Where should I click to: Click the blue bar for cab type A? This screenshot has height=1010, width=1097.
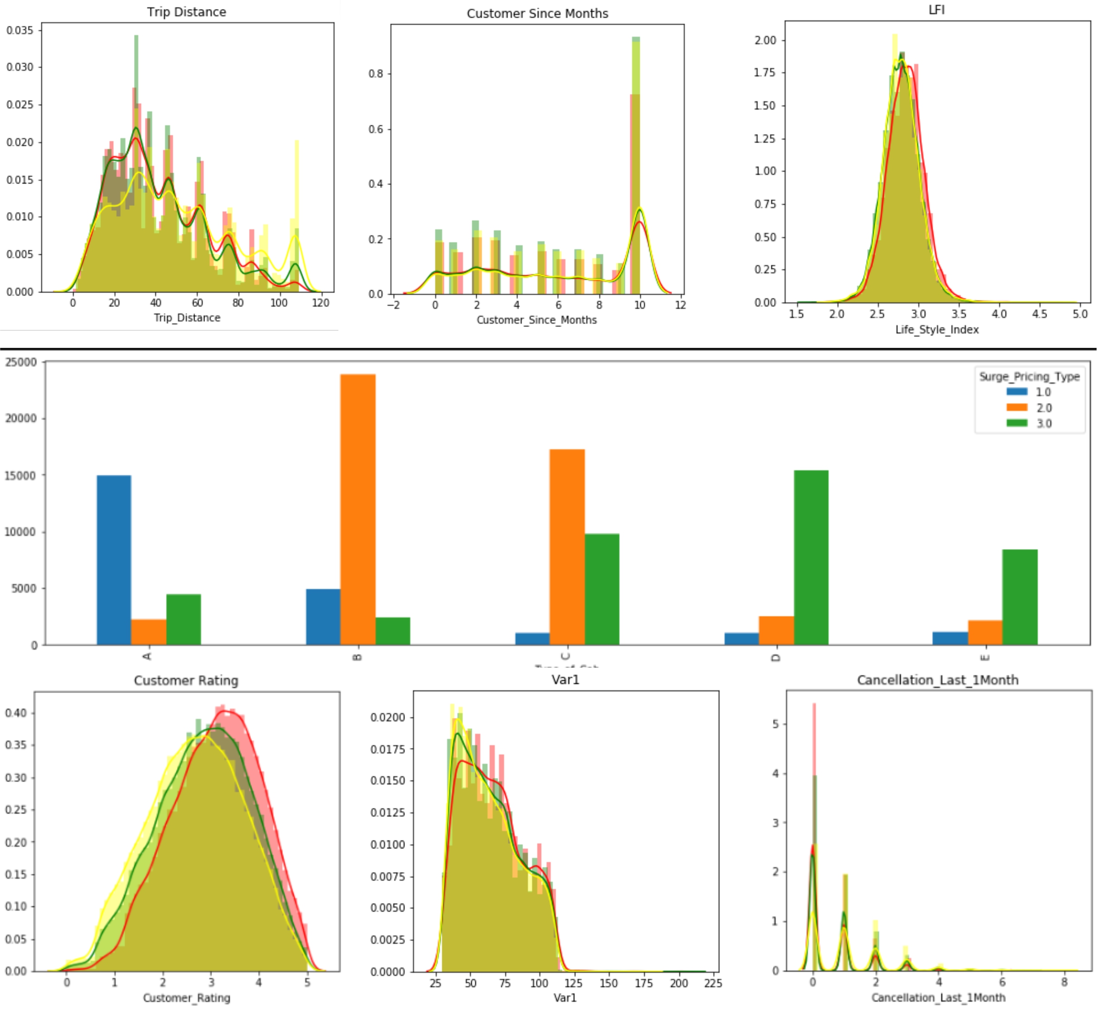tap(114, 560)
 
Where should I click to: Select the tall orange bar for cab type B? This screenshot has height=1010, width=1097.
tap(358, 510)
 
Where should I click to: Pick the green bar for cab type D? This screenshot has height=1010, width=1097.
tap(811, 558)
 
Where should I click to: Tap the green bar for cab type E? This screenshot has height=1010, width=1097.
tap(1019, 597)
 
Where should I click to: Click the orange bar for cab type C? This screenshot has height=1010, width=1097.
tap(567, 546)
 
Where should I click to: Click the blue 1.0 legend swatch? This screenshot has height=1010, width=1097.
tap(1017, 392)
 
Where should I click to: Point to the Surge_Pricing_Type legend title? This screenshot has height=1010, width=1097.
tap(1029, 376)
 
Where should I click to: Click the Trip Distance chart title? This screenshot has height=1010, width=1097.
tap(186, 12)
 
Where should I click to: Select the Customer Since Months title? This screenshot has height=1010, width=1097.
tap(537, 14)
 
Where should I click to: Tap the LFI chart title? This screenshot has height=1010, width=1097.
tap(936, 10)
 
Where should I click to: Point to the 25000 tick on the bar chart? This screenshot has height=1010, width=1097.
tap(21, 362)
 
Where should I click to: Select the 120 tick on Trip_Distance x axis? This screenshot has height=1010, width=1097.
tap(320, 303)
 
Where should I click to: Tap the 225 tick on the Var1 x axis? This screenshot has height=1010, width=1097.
tap(713, 983)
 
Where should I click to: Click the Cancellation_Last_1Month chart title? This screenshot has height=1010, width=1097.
tap(937, 680)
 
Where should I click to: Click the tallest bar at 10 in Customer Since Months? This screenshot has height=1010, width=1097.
tap(635, 164)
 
